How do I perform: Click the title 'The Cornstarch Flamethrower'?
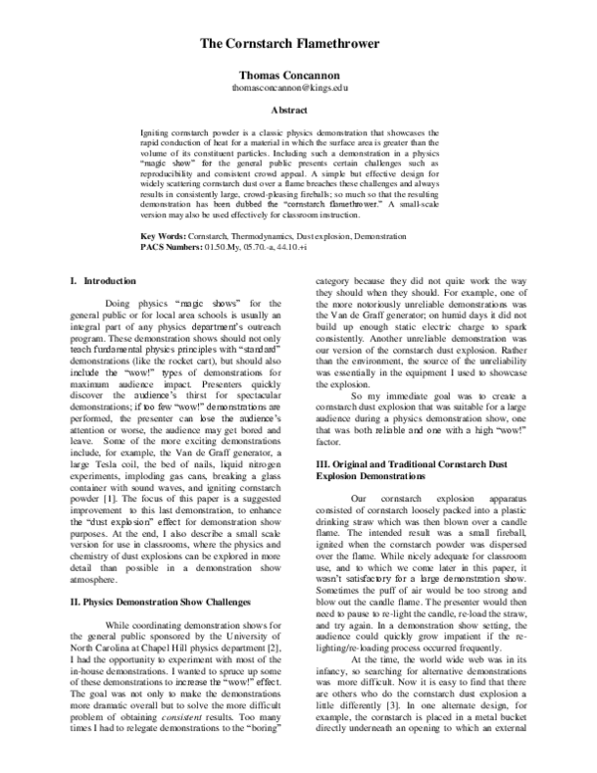(298, 45)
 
